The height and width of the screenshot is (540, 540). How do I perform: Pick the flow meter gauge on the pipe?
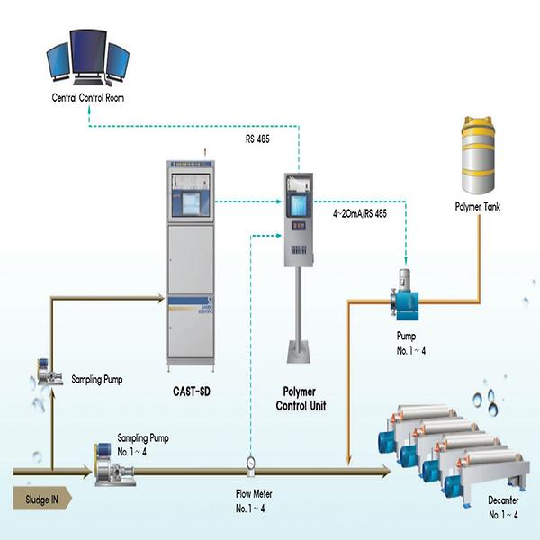250,463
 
